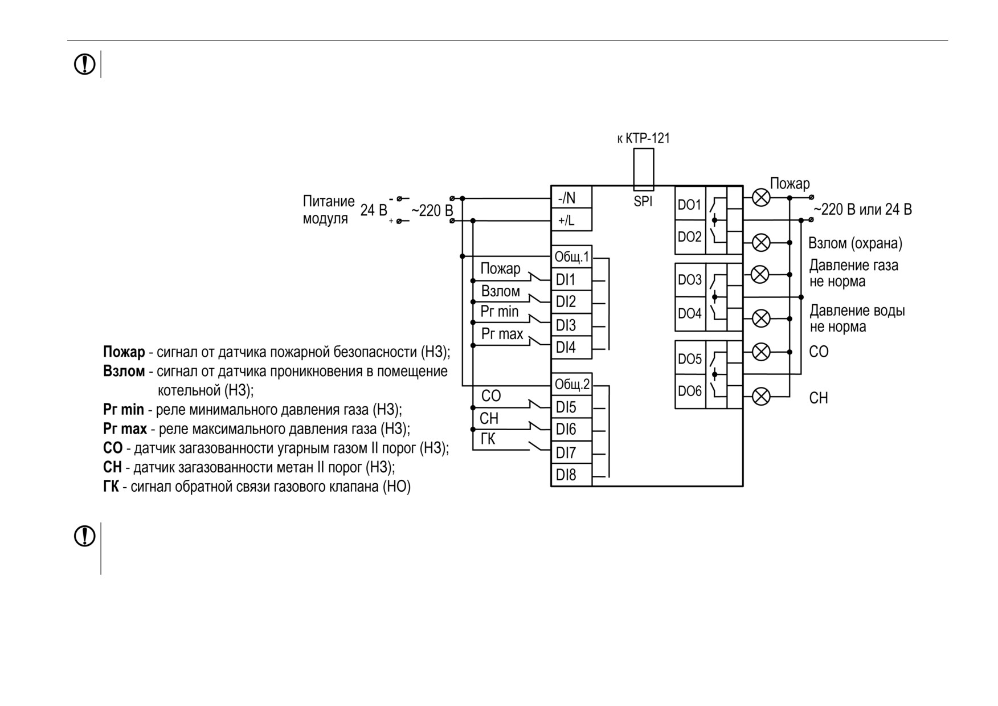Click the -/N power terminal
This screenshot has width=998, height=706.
(x=571, y=198)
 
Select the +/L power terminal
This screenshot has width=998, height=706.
(x=571, y=220)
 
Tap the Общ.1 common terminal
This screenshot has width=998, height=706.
(x=571, y=257)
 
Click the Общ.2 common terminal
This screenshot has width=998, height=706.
(x=571, y=385)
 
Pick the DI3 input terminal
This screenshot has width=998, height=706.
(x=571, y=325)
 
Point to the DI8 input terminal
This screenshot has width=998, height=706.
(x=571, y=475)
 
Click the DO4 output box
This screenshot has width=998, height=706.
(x=690, y=314)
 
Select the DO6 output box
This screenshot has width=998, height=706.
(x=690, y=391)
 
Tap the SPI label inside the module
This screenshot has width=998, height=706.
(x=643, y=201)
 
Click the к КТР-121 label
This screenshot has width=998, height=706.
(x=644, y=138)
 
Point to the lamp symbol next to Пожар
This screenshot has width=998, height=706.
(x=762, y=198)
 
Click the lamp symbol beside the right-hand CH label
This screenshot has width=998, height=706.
(x=762, y=396)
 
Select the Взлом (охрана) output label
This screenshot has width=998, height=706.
(x=855, y=243)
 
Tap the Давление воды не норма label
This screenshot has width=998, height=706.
(x=857, y=319)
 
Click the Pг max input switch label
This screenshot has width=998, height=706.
(x=502, y=334)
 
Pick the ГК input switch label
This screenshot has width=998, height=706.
(x=488, y=439)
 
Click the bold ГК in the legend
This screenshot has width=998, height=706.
(x=111, y=487)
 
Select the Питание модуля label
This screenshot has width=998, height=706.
(x=328, y=210)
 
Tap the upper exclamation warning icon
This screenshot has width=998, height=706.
(x=85, y=64)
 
